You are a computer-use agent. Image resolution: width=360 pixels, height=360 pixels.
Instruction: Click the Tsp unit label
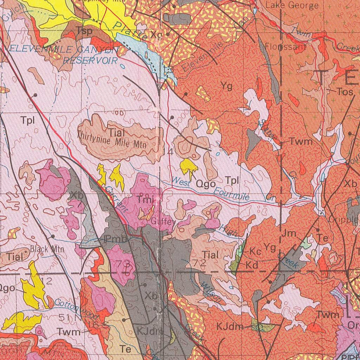click(x=84, y=31)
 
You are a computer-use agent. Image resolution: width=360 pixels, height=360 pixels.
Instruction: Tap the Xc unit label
click(x=156, y=35)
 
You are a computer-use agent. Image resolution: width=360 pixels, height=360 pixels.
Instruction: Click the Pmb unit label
click(x=115, y=240)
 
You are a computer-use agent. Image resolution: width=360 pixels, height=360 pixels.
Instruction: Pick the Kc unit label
click(x=255, y=252)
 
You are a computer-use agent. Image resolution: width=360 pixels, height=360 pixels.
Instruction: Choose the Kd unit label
click(x=252, y=264)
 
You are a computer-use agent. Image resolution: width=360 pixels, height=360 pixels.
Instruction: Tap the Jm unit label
click(x=289, y=233)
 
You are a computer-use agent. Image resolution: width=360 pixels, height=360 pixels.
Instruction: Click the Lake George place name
click(x=292, y=5)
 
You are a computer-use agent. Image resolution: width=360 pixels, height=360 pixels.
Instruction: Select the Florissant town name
click(x=285, y=46)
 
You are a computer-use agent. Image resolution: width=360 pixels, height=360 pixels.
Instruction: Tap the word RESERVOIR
click(x=90, y=60)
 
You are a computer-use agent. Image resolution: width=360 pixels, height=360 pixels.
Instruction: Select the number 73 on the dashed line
click(x=125, y=264)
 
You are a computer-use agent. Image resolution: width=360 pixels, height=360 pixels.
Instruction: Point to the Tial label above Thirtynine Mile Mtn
click(x=117, y=133)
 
